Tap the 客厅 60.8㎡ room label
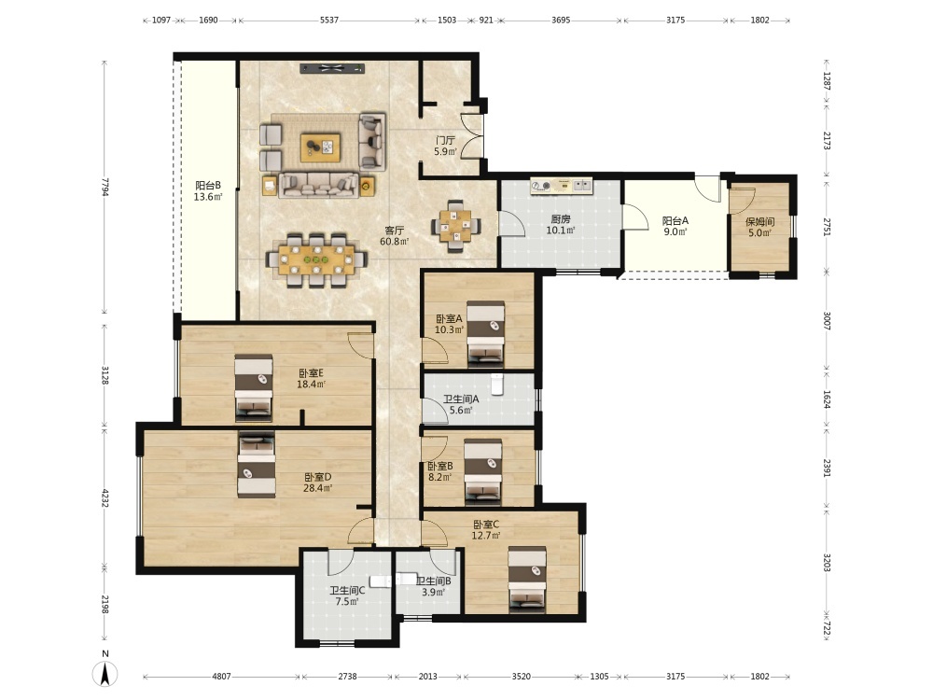pos(395,236)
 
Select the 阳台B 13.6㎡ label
pos(208,191)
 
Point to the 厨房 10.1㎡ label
pos(561,225)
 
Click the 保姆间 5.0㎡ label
pos(759,228)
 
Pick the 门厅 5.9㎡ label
pos(446,146)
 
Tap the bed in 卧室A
pos(485,333)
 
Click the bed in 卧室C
pos(527,581)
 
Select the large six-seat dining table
pos(316,260)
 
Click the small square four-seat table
pos(456,226)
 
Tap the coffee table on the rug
pos(321,147)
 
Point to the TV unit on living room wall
pos(332,68)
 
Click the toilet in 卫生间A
pos(497,384)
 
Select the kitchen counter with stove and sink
pos(562,186)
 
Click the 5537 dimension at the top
pos(329,20)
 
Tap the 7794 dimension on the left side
pos(104,187)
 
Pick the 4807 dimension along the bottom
pos(221,676)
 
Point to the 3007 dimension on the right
pos(827,321)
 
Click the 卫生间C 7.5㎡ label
pos(347,595)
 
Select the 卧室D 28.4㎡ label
pos(318,483)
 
